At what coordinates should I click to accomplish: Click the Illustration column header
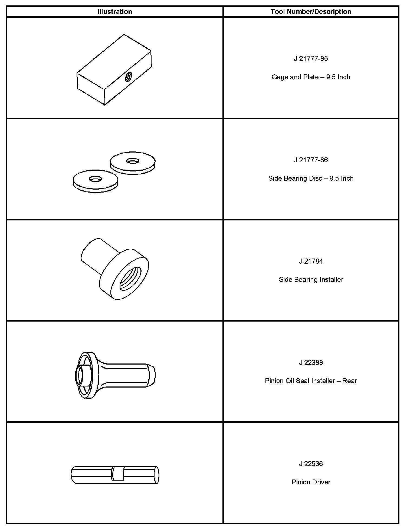(x=115, y=12)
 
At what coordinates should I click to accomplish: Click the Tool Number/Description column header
(x=311, y=12)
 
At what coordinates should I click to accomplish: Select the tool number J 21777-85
(x=311, y=59)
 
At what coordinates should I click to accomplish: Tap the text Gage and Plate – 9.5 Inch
(x=311, y=77)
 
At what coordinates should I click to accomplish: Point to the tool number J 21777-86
(x=311, y=160)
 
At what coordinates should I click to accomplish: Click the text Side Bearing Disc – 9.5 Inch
(x=311, y=178)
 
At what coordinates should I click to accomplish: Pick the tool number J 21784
(x=311, y=261)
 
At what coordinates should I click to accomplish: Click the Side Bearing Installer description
(x=311, y=280)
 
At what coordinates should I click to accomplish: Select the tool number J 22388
(x=311, y=362)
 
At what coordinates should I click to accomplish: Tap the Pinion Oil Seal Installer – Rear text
(x=311, y=381)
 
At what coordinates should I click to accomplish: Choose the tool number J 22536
(x=311, y=464)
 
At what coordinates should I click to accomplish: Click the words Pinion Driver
(x=311, y=482)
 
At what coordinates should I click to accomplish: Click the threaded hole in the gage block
(x=129, y=77)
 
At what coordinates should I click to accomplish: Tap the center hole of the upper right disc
(x=133, y=161)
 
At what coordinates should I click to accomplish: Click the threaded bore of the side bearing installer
(x=130, y=279)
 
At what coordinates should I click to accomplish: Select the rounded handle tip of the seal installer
(x=151, y=375)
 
